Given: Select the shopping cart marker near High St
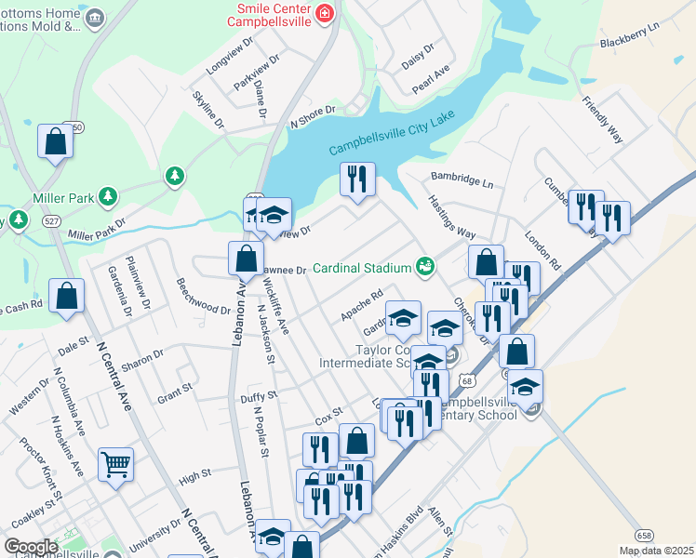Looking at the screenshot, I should click(115, 463).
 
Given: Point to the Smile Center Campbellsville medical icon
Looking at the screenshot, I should click(324, 12).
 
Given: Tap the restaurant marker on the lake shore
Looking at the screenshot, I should click(357, 178).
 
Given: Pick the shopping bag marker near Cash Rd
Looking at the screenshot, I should click(68, 297).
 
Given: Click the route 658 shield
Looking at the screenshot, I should click(644, 535).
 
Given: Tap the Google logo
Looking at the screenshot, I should click(31, 546).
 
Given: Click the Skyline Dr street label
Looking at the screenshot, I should click(207, 109).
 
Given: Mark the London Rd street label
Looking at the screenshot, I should click(543, 251).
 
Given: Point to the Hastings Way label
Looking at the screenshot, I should click(451, 219).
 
